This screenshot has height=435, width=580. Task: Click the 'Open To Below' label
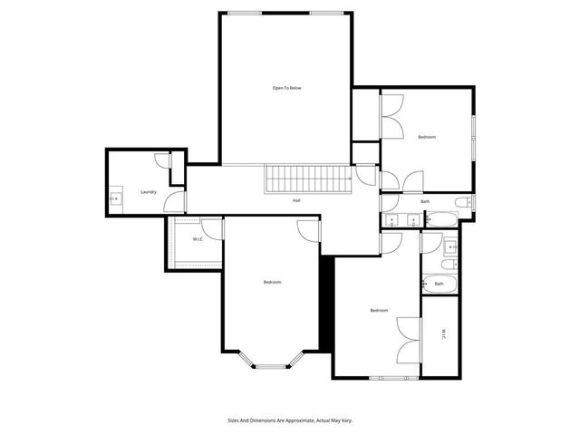[287, 88]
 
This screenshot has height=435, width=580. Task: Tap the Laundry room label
[149, 192]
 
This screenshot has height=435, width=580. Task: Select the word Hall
[296, 200]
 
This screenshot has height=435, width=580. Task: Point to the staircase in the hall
[307, 178]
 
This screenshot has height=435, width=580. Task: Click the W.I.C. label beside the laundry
[198, 239]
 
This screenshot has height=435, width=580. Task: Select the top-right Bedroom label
[426, 137]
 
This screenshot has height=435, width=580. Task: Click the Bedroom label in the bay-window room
[272, 283]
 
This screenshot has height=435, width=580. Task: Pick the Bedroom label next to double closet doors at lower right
[379, 311]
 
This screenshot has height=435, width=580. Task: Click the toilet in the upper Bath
[461, 202]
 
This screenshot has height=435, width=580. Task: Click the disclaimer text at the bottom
[288, 420]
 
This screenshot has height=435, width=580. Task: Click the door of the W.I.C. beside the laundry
[211, 228]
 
